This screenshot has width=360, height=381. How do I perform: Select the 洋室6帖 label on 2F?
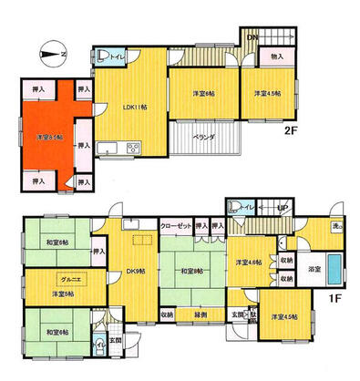point(204,92)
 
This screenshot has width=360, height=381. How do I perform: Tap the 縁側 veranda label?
point(201,315)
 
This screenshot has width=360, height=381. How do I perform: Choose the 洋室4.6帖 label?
point(251,261)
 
